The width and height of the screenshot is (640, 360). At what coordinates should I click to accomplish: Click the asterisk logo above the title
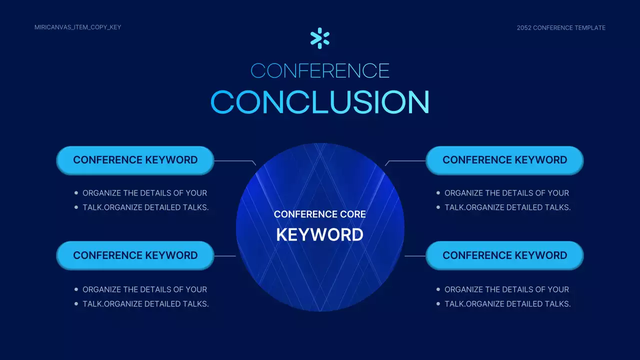point(319,38)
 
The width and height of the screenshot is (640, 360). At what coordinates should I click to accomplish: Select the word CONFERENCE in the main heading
point(320,71)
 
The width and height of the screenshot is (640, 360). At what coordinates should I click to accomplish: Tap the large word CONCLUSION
point(320,102)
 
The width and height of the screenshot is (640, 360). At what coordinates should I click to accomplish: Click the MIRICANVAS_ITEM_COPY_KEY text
point(77,27)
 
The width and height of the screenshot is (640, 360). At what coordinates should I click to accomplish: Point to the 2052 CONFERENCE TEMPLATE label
point(561,27)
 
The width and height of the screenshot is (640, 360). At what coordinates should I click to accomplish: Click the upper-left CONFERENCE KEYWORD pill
point(135,160)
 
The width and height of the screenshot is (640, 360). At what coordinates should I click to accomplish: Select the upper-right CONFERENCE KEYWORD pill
point(504,160)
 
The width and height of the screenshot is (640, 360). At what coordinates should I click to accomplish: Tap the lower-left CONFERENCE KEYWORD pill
point(135,255)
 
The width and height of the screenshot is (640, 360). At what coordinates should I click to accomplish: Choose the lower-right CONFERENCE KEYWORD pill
point(504,255)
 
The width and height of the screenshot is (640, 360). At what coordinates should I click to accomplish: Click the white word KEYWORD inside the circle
point(319,235)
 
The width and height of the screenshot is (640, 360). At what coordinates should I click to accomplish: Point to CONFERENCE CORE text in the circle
point(319,214)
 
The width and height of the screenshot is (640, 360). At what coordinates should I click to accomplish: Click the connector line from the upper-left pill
point(235,161)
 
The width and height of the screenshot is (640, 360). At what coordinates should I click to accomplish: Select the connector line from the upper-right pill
point(405,161)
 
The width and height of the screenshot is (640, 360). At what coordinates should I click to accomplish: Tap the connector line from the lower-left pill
point(225,256)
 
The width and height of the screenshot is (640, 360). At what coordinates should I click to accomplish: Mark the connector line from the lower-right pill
point(415,256)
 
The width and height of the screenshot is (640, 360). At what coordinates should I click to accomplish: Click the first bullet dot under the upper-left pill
point(76,193)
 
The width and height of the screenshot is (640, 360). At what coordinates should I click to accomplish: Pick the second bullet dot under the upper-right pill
point(438,207)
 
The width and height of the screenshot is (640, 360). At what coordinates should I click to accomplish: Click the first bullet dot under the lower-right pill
point(438,289)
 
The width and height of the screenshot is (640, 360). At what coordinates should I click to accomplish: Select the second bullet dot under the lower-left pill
point(76,303)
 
